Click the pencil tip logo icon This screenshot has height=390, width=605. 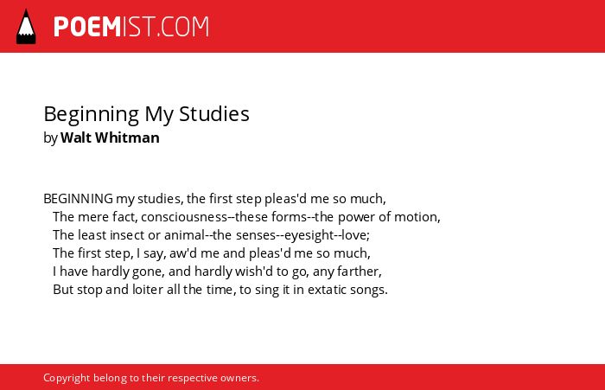26,27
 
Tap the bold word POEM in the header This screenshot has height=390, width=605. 87,27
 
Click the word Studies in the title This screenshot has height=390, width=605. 214,114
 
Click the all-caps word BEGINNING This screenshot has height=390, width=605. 79,199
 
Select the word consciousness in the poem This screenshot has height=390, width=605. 184,217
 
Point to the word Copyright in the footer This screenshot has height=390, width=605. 67,378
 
